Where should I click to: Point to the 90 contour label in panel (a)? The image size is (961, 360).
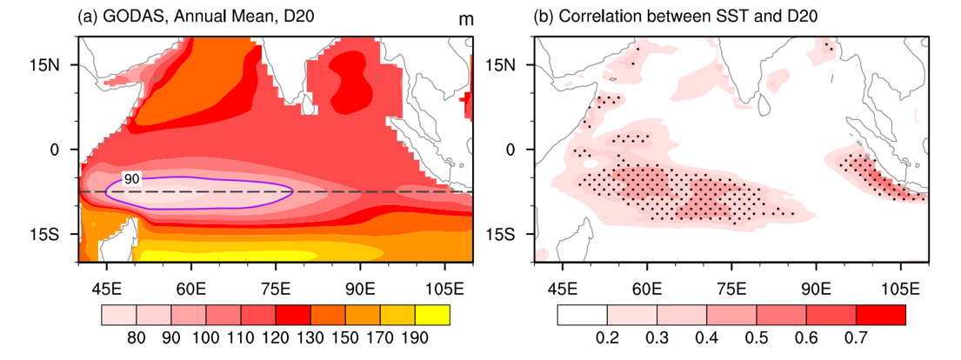130,178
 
